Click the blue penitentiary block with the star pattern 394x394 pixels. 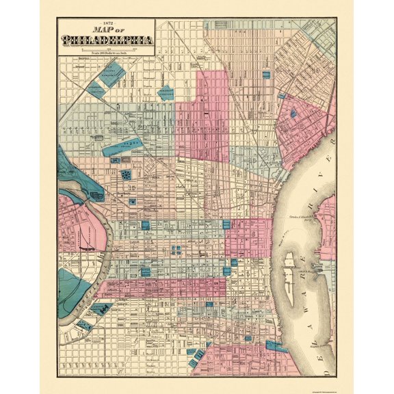tap(126, 176)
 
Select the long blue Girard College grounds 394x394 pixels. tap(123, 144)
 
